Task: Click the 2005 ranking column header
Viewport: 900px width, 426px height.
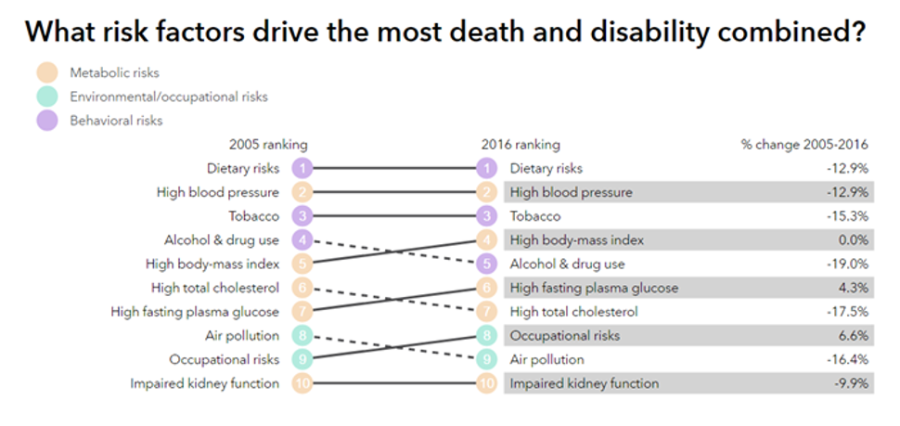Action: [268, 145]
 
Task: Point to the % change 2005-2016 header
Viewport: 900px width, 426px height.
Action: [803, 145]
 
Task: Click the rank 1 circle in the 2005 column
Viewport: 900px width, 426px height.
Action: [301, 169]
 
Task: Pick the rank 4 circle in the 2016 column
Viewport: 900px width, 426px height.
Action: [486, 240]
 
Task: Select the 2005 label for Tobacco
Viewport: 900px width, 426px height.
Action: [254, 216]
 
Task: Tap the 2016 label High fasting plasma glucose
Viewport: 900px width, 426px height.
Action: [594, 288]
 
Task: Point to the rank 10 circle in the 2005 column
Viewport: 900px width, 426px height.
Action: [301, 383]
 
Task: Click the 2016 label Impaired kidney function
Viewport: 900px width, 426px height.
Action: [585, 383]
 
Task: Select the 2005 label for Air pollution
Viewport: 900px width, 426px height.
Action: [242, 335]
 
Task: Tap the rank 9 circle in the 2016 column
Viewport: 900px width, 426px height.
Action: [486, 359]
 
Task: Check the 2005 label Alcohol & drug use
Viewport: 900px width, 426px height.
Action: [222, 240]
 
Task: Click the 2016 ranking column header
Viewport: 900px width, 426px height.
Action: [521, 145]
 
